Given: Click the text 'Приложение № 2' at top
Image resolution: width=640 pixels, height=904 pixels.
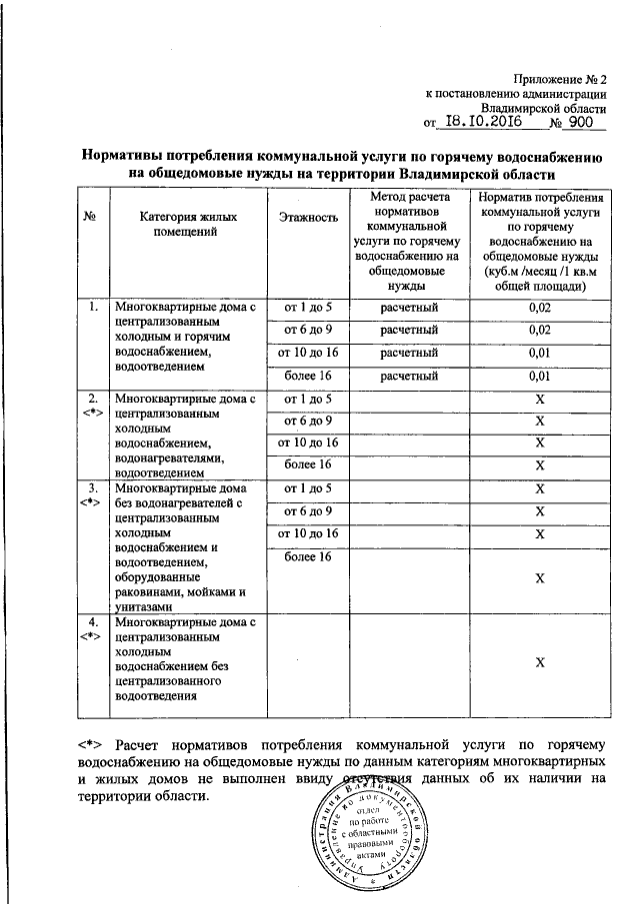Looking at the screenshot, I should [560, 77].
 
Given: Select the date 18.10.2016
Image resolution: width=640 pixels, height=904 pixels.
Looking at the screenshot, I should [486, 122].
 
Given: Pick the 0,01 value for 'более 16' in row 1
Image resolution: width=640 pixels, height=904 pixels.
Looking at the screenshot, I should [539, 377].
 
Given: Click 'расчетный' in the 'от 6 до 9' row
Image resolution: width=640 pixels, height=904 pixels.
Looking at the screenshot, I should [410, 331].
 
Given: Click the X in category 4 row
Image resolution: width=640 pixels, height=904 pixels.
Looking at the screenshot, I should [539, 662].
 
